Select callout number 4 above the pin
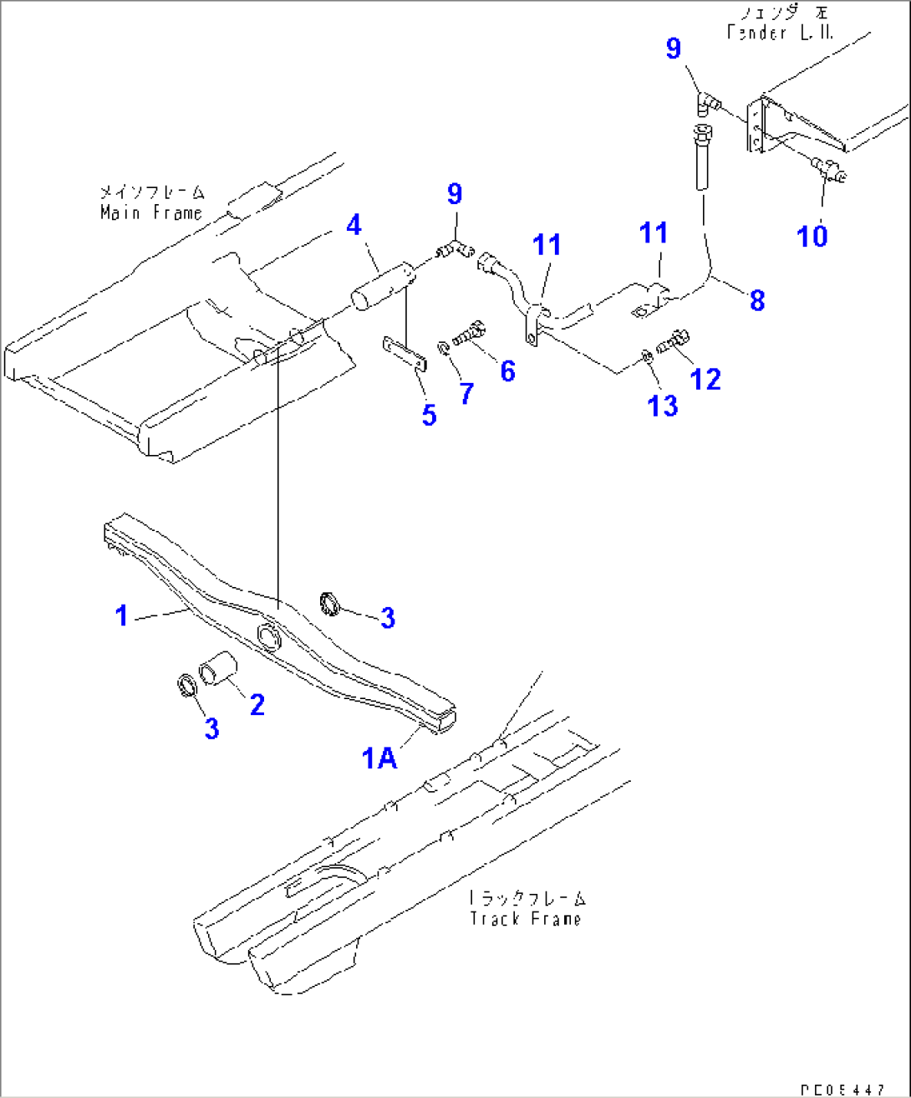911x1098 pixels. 354,225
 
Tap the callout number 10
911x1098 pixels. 812,236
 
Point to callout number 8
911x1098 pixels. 757,300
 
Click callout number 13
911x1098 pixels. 663,406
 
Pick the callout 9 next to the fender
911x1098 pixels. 674,49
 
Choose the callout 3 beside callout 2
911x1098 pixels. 211,728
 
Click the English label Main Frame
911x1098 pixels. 151,213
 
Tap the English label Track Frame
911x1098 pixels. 525,918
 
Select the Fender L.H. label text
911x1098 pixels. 780,33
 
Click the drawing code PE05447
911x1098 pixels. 841,1090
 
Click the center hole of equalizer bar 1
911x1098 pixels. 269,635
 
